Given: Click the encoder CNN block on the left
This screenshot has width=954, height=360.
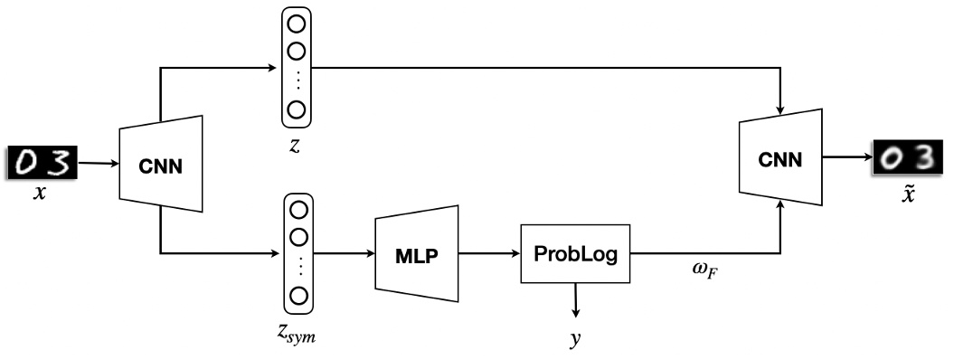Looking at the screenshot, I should click(159, 166).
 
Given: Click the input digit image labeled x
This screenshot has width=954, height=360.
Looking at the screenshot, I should click(40, 163).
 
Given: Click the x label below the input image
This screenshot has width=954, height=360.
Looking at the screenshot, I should click(39, 193).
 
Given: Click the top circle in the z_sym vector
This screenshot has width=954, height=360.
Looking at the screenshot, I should click(297, 209).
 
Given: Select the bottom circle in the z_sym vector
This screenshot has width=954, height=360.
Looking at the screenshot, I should click(297, 296).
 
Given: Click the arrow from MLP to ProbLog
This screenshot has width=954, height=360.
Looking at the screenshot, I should click(489, 254).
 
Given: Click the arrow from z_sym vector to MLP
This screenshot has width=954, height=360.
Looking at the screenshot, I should click(344, 254).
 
